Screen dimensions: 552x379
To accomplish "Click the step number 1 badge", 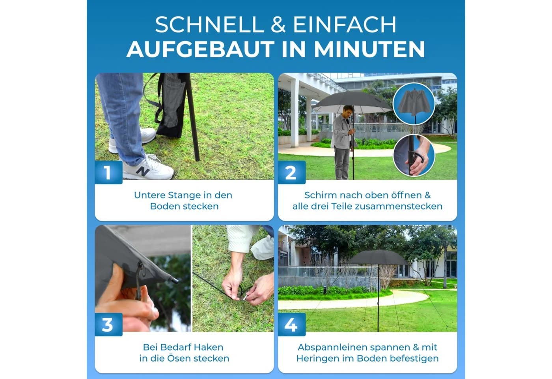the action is (x=108, y=172).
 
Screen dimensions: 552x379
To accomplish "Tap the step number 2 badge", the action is (x=292, y=172).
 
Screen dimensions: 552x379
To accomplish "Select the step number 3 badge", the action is (x=108, y=324).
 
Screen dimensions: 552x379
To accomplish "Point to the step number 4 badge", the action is (x=292, y=324).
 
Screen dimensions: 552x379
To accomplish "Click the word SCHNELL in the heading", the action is (x=209, y=24).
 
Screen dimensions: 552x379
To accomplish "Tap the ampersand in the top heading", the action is (x=278, y=24).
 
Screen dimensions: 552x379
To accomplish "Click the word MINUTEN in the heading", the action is (x=369, y=49).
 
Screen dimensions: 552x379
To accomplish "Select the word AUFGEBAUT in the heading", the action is (x=200, y=49).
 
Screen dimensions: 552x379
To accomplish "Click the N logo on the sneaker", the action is (x=142, y=171).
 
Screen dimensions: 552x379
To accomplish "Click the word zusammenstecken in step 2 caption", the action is (x=404, y=206).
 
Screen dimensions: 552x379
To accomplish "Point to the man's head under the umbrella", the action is (x=349, y=111).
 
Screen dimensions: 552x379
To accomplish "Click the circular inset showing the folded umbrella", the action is (x=414, y=104).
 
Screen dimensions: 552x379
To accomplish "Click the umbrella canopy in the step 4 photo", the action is (x=378, y=257).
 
